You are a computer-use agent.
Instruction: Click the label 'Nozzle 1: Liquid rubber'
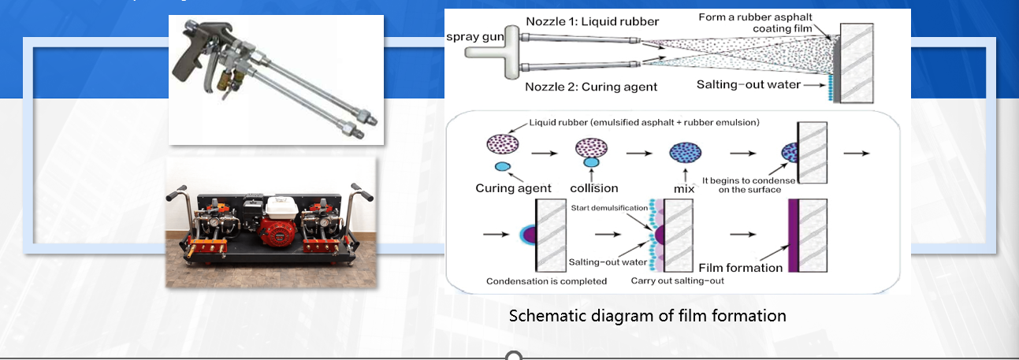coord(593,21)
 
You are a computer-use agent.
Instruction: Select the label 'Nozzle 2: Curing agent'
coord(591,87)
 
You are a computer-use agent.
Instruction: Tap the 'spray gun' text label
coord(475,37)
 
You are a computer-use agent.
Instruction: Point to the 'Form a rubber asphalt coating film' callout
coord(755,23)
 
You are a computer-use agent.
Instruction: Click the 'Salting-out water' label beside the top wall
coord(749,84)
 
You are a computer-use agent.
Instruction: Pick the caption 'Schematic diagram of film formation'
coord(647,315)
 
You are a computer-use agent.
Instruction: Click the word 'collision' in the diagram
coord(593,188)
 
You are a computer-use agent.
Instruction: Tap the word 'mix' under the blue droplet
coord(684,188)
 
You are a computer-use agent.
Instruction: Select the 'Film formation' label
coord(741,268)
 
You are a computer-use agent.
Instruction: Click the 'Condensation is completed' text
coord(546,281)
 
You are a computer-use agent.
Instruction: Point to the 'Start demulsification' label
coord(609,208)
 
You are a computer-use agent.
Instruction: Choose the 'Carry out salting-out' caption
coord(677,281)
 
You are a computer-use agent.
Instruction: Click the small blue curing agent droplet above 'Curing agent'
coord(502,167)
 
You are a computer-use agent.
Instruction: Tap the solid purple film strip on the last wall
coord(794,236)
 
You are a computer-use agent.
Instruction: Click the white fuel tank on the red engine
coord(282,207)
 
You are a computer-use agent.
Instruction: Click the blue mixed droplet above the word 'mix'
coord(685,152)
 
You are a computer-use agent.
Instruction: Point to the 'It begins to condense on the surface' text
coord(749,185)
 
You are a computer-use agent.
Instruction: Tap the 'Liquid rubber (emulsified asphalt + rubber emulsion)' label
coord(644,122)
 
